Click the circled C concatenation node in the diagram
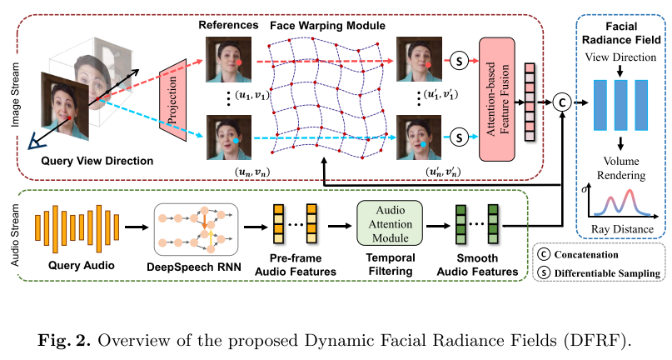coord(564,101)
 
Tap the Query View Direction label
coord(89,160)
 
